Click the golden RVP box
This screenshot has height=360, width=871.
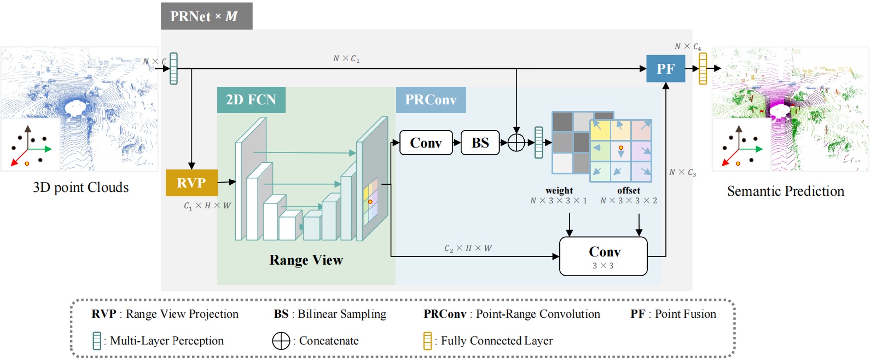[x=191, y=182]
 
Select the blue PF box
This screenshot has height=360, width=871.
[x=665, y=69]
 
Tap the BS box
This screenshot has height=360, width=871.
[x=480, y=143]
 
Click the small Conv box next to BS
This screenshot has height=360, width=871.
[x=426, y=143]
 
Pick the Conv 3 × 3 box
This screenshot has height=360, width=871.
[x=603, y=256]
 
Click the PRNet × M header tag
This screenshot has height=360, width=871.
[x=206, y=16]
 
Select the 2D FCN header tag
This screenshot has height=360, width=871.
[x=251, y=100]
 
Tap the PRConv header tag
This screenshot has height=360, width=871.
[x=431, y=100]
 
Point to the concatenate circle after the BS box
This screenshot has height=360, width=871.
[x=516, y=143]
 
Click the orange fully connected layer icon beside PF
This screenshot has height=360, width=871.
[x=703, y=69]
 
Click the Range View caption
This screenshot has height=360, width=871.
[x=306, y=260]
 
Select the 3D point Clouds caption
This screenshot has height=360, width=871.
[x=81, y=187]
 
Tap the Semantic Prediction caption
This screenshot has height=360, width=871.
[x=785, y=191]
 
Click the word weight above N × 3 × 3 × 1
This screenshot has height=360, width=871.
[x=559, y=190]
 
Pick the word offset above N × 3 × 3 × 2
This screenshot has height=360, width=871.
[x=628, y=190]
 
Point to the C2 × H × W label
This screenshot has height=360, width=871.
[x=468, y=248]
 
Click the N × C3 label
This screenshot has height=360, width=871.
[x=682, y=172]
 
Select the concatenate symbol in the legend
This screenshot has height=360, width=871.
[x=281, y=341]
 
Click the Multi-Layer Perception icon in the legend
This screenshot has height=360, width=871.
[x=97, y=341]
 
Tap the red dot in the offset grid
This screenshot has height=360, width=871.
[x=621, y=148]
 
